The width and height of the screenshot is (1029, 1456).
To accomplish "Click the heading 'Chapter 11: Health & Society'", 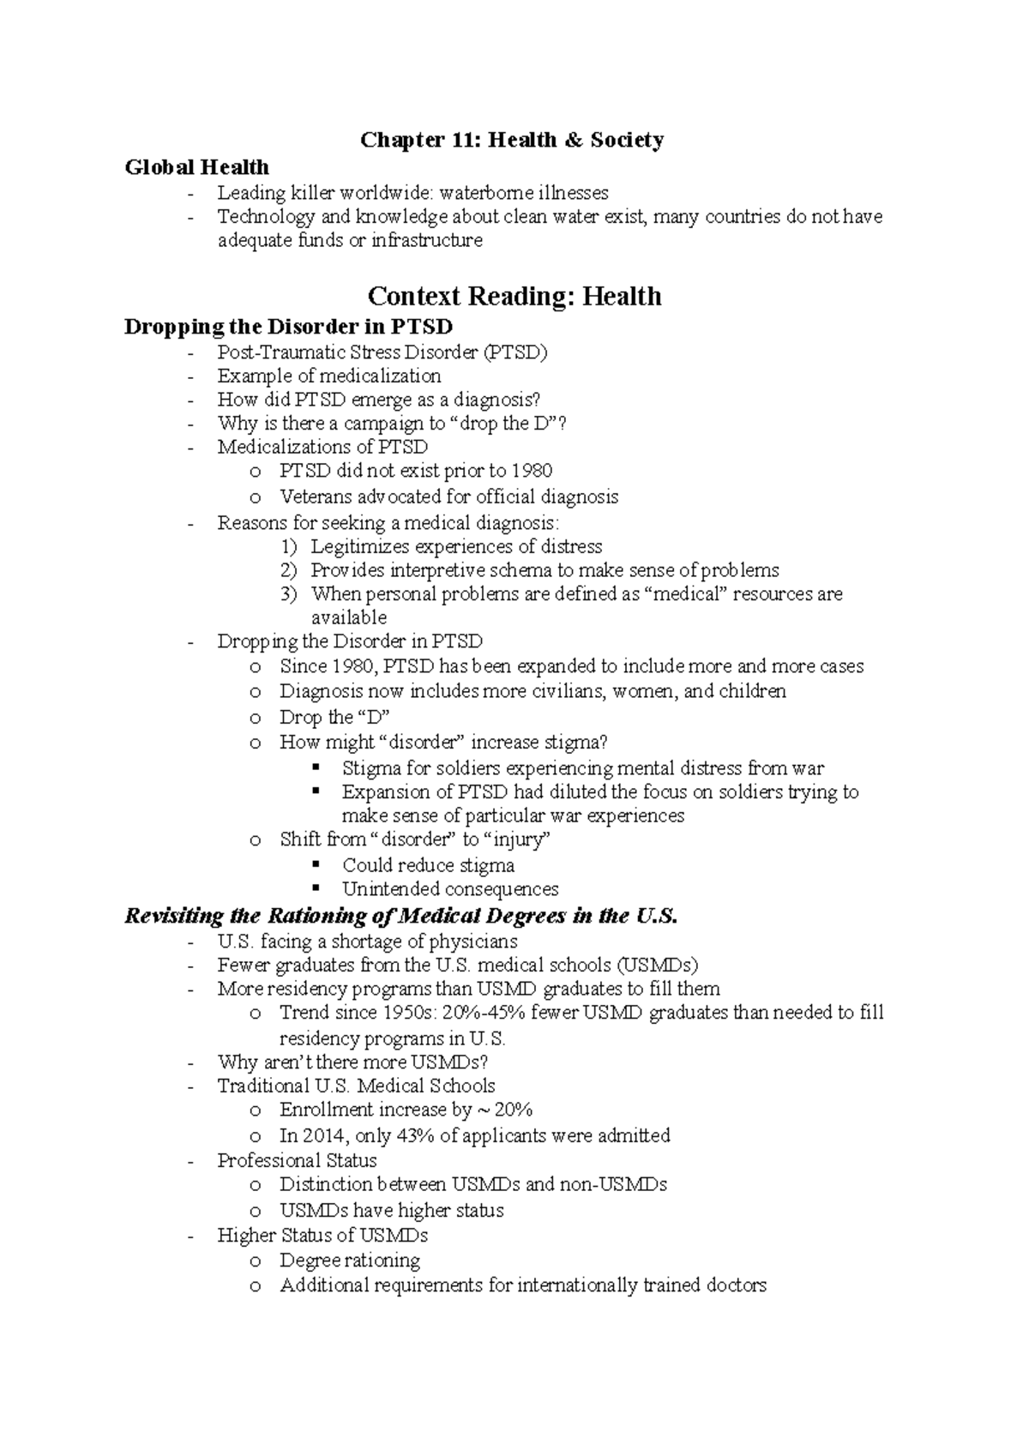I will (x=511, y=140).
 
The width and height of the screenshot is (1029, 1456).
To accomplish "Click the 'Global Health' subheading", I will (x=196, y=167).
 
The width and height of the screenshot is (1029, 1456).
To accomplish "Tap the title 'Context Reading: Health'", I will (x=514, y=297).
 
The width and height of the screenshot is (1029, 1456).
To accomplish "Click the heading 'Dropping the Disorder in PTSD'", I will (x=288, y=327).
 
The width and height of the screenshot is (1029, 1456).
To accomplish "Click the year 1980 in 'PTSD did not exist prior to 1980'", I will (x=532, y=471).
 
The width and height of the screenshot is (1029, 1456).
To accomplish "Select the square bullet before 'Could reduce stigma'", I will (x=316, y=863).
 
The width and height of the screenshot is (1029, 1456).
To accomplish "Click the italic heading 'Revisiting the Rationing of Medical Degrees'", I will (x=401, y=916).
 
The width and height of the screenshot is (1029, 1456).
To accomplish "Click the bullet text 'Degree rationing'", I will (x=350, y=1260).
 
